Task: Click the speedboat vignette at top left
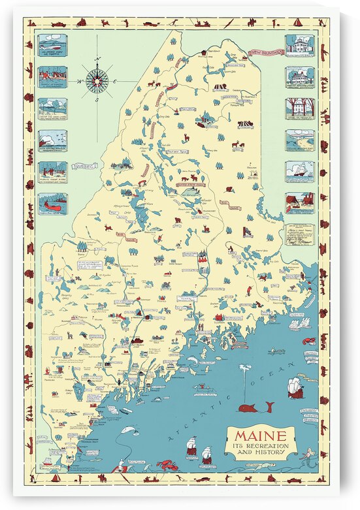tap(52, 45)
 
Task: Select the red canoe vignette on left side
tap(52, 203)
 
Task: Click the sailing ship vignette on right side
tap(299, 171)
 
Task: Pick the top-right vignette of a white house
tap(299, 45)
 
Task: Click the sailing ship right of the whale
tap(296, 387)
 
